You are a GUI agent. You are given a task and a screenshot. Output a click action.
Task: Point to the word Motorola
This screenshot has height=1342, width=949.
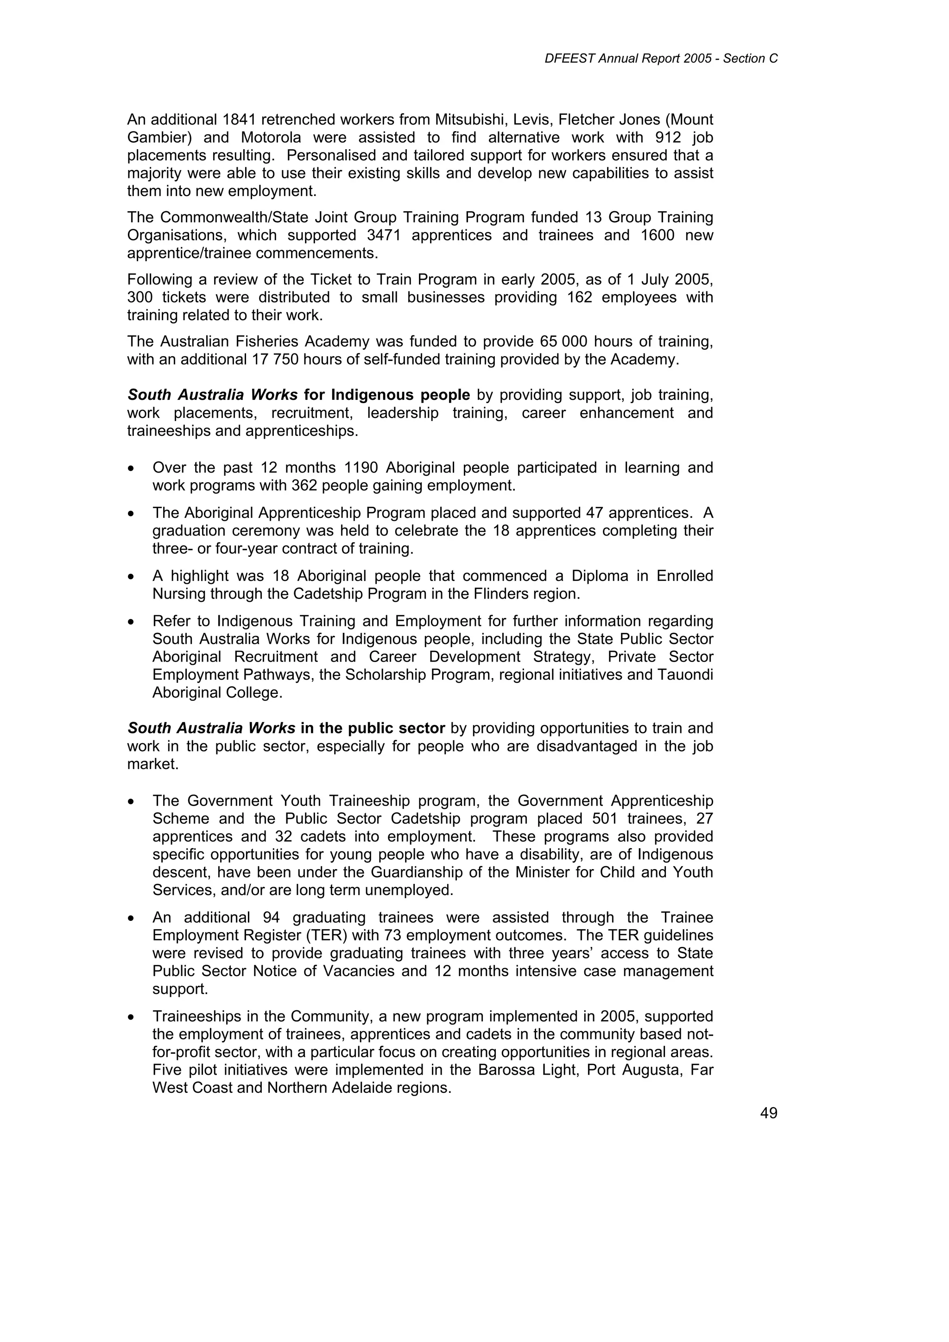(x=271, y=138)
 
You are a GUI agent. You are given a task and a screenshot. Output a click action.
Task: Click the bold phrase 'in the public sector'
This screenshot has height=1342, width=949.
(x=373, y=728)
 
